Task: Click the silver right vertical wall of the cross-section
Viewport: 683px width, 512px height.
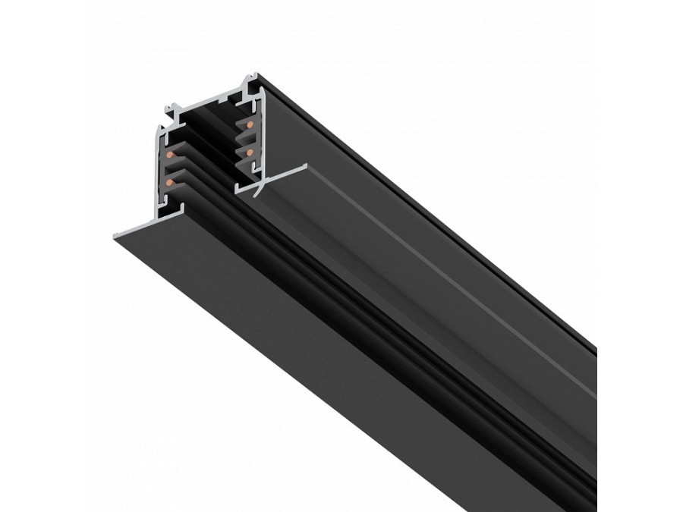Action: [262, 133]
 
